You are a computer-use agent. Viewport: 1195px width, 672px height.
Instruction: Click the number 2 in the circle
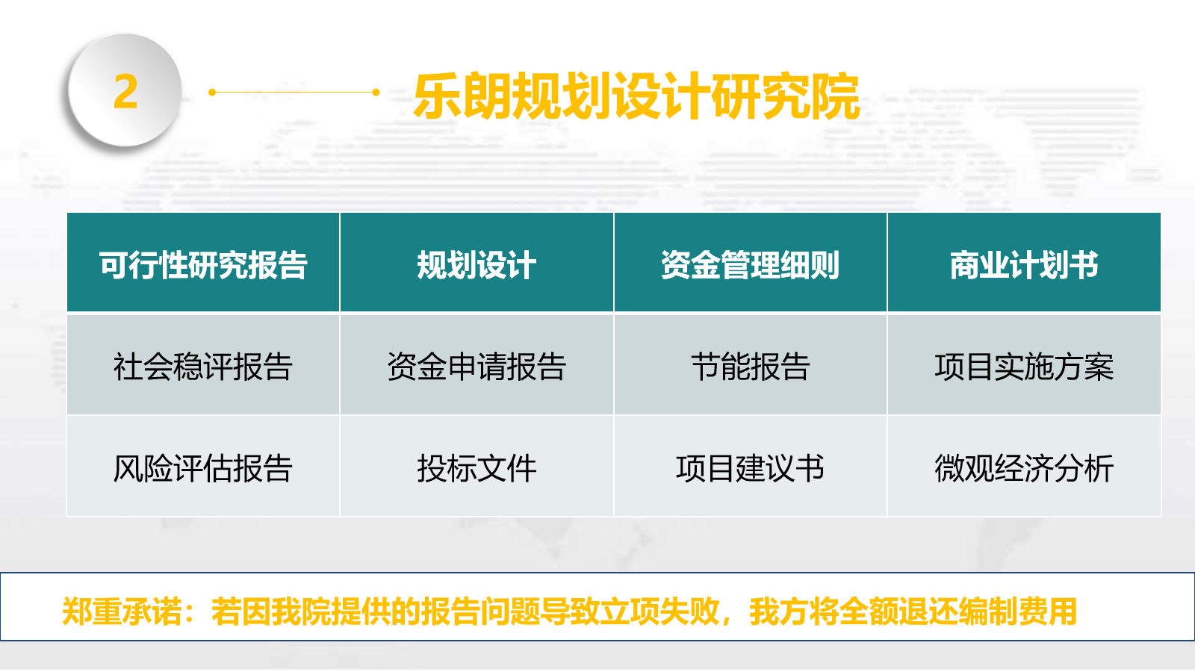point(125,91)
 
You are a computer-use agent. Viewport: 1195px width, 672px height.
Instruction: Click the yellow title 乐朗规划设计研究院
point(636,96)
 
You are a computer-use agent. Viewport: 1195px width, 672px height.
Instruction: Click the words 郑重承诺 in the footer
point(122,612)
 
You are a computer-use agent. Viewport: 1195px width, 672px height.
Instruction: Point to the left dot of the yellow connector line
point(212,93)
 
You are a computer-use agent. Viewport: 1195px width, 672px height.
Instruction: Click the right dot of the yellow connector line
point(376,93)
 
